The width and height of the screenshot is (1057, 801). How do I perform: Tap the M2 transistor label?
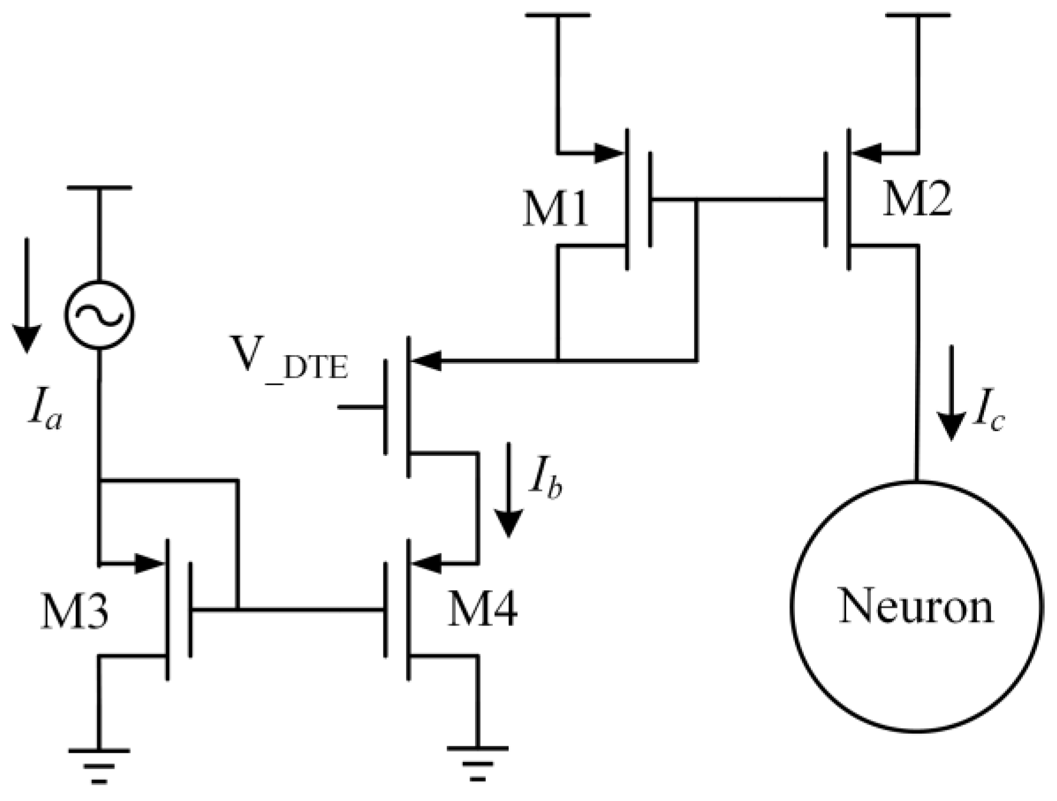[x=917, y=200]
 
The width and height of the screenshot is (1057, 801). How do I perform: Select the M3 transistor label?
[x=74, y=613]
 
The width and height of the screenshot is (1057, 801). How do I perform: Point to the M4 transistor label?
[x=482, y=610]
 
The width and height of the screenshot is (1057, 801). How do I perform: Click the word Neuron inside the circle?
[x=916, y=607]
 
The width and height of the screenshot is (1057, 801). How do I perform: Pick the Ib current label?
[x=545, y=483]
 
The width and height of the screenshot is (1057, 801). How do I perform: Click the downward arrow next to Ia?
[x=26, y=294]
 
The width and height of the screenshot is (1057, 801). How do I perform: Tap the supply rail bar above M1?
[x=557, y=15]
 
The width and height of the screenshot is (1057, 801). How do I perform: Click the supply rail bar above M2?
[x=917, y=15]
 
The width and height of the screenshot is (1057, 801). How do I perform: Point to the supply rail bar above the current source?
[x=99, y=188]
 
